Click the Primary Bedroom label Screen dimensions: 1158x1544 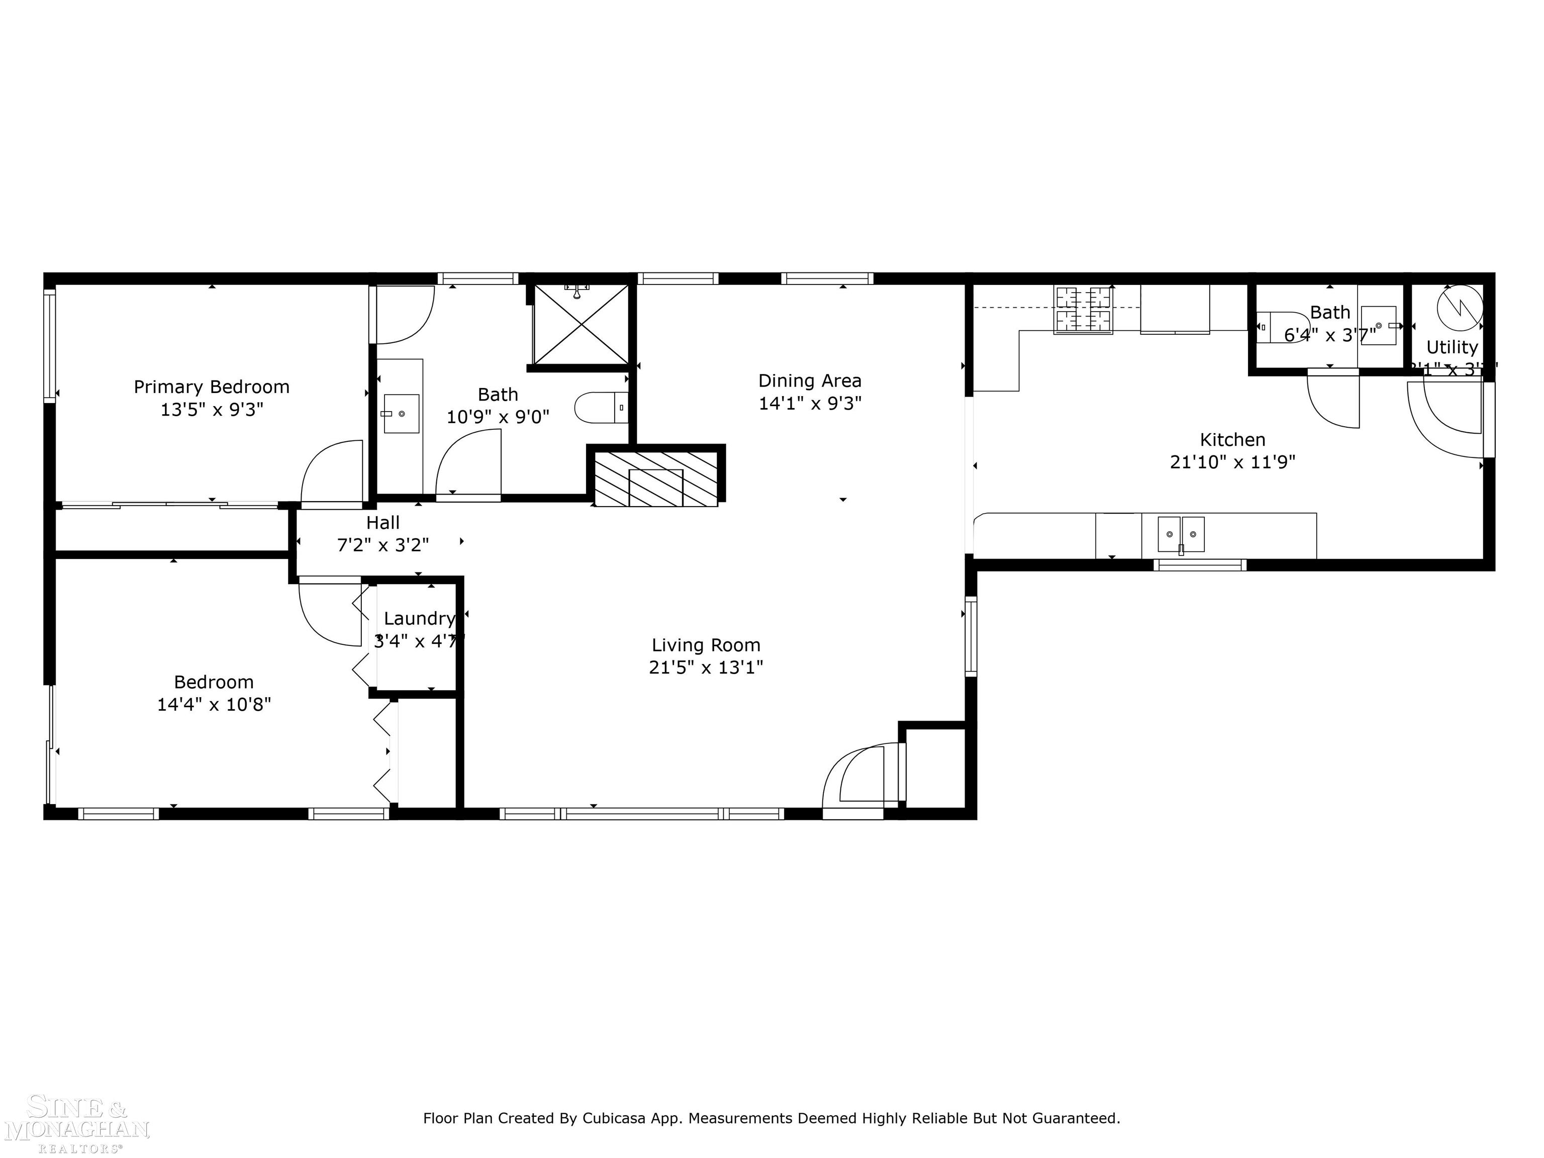[212, 387]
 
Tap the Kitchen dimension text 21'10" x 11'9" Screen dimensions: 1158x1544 [1233, 462]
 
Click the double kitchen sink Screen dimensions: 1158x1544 [1181, 535]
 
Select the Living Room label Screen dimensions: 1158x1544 [706, 645]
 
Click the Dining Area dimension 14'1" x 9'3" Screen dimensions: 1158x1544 [810, 404]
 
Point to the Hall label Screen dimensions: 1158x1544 [382, 522]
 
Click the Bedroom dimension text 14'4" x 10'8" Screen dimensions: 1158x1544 [214, 704]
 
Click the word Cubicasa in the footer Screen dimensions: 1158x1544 [613, 1119]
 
